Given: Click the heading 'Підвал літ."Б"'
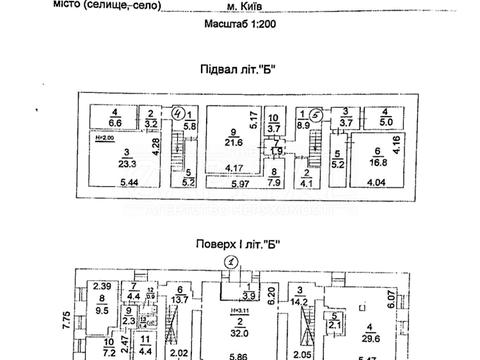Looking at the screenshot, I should (239, 69).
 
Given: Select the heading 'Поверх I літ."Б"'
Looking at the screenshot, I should (239, 242).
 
